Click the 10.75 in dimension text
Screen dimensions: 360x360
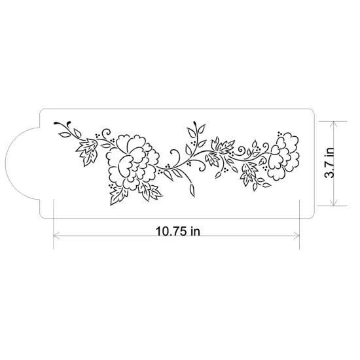[x=177, y=230]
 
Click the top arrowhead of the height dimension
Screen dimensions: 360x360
[x=334, y=124]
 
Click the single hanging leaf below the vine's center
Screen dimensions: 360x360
[x=192, y=189]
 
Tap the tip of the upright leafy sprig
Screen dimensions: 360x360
[x=195, y=122]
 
